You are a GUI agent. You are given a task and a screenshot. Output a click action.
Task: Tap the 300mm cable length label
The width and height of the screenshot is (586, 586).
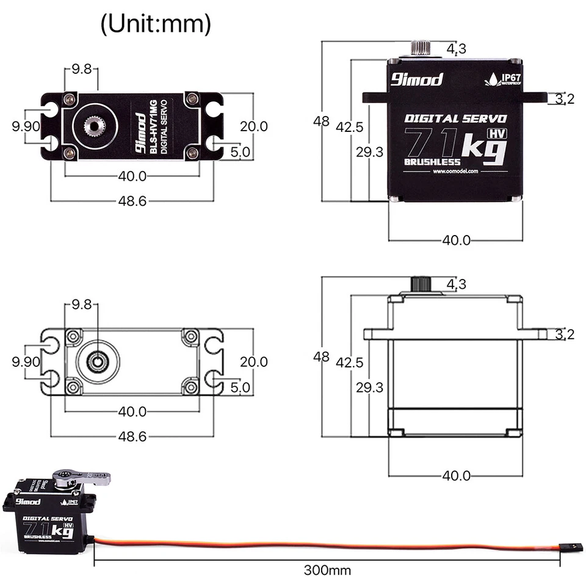(328, 571)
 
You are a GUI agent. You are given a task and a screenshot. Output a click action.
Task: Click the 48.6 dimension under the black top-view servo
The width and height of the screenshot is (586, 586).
(132, 200)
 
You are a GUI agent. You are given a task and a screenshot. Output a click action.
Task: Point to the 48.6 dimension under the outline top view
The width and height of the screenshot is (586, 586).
(132, 436)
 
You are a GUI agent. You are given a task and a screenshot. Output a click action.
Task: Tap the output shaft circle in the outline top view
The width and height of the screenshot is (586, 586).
(96, 361)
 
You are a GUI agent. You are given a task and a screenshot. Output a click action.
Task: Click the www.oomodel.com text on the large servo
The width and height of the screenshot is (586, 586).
(455, 172)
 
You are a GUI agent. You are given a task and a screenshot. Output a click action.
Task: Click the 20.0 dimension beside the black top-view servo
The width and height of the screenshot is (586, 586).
(253, 126)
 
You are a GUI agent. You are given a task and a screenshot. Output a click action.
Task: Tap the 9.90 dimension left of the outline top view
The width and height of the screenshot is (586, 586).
(26, 361)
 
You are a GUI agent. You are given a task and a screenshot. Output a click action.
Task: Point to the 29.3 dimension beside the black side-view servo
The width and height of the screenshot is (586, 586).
(369, 151)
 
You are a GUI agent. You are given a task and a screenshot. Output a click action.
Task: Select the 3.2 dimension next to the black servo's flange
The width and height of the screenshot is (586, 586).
(565, 98)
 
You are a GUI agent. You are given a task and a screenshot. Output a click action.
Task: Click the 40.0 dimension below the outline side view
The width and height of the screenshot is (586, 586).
(455, 476)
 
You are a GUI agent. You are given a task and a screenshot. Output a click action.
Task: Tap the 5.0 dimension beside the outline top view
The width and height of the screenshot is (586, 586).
(239, 387)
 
